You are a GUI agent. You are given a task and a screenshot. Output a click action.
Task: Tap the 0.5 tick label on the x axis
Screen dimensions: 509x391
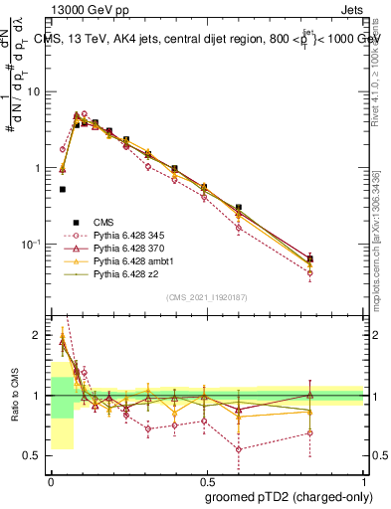pos(207,478)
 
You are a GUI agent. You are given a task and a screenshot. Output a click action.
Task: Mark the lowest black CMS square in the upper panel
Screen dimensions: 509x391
pos(63,189)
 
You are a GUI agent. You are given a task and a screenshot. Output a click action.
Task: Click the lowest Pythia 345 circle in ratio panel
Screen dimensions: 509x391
pos(239,449)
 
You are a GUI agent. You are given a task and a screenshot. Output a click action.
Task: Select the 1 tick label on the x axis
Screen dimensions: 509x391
pos(364,478)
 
